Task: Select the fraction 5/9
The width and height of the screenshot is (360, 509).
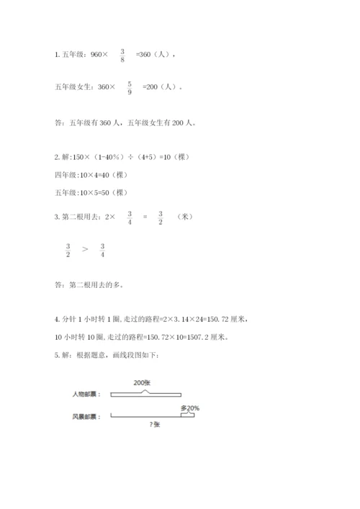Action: coord(129,87)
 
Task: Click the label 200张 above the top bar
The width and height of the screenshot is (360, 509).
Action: coord(142,384)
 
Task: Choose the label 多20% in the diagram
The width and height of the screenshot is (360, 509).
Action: coord(190,408)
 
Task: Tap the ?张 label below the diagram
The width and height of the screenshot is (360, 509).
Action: coord(154,424)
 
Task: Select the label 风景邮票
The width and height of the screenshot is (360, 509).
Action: coord(86,416)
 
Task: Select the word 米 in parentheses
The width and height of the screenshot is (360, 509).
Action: coord(184,216)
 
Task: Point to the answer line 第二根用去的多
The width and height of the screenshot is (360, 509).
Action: coord(96,284)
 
